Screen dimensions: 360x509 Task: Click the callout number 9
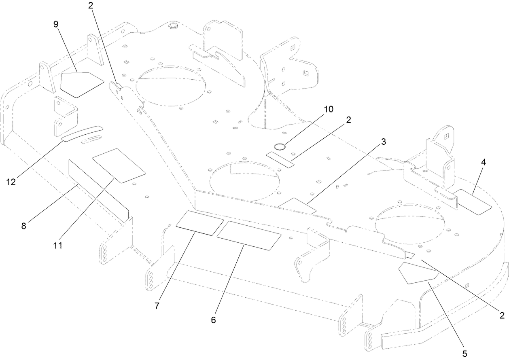click(56, 24)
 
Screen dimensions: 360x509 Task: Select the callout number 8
click(24, 226)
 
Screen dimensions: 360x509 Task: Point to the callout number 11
click(58, 245)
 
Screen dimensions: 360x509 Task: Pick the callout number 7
click(157, 306)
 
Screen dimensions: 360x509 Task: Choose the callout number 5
click(464, 354)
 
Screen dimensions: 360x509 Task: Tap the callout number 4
click(484, 162)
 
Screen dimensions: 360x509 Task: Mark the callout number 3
click(383, 142)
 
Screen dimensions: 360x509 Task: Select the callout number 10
click(328, 109)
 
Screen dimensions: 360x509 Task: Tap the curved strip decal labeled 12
click(83, 133)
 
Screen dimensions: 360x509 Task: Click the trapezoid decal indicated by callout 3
click(298, 205)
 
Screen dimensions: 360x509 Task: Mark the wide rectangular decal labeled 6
click(249, 235)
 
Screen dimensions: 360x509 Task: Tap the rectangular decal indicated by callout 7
click(199, 222)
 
